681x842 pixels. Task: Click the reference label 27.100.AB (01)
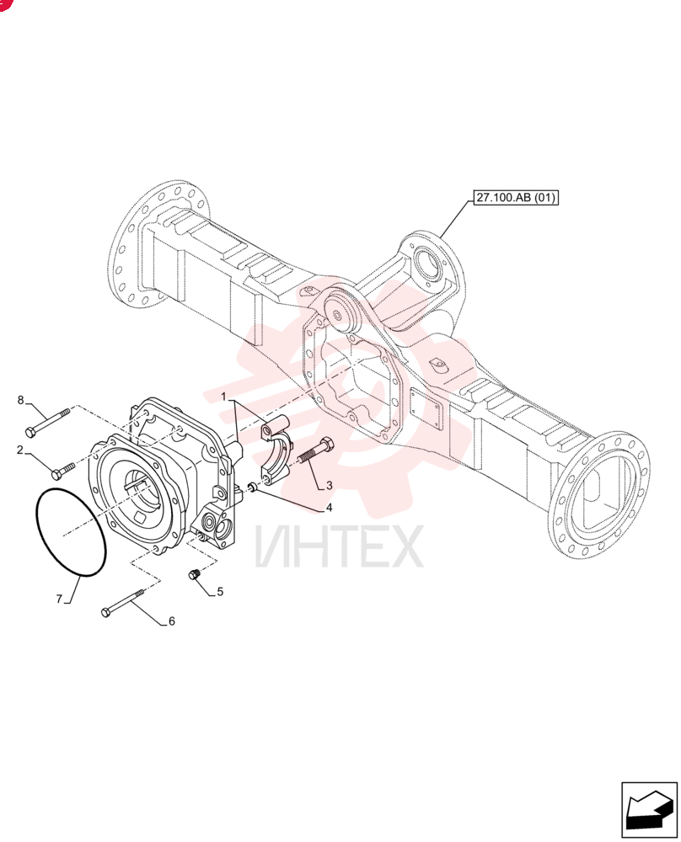click(x=515, y=198)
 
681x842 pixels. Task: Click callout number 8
click(x=21, y=399)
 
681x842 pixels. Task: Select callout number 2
click(x=20, y=450)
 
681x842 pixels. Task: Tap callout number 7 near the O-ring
click(x=60, y=598)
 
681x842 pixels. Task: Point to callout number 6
click(x=171, y=621)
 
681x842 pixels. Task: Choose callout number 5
click(x=220, y=591)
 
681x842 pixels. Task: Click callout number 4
click(x=329, y=508)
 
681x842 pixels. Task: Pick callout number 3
click(x=329, y=485)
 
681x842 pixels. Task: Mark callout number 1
click(x=224, y=397)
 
